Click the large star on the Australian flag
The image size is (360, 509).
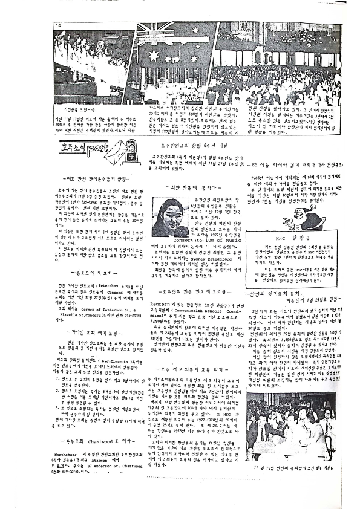tap(154, 56)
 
